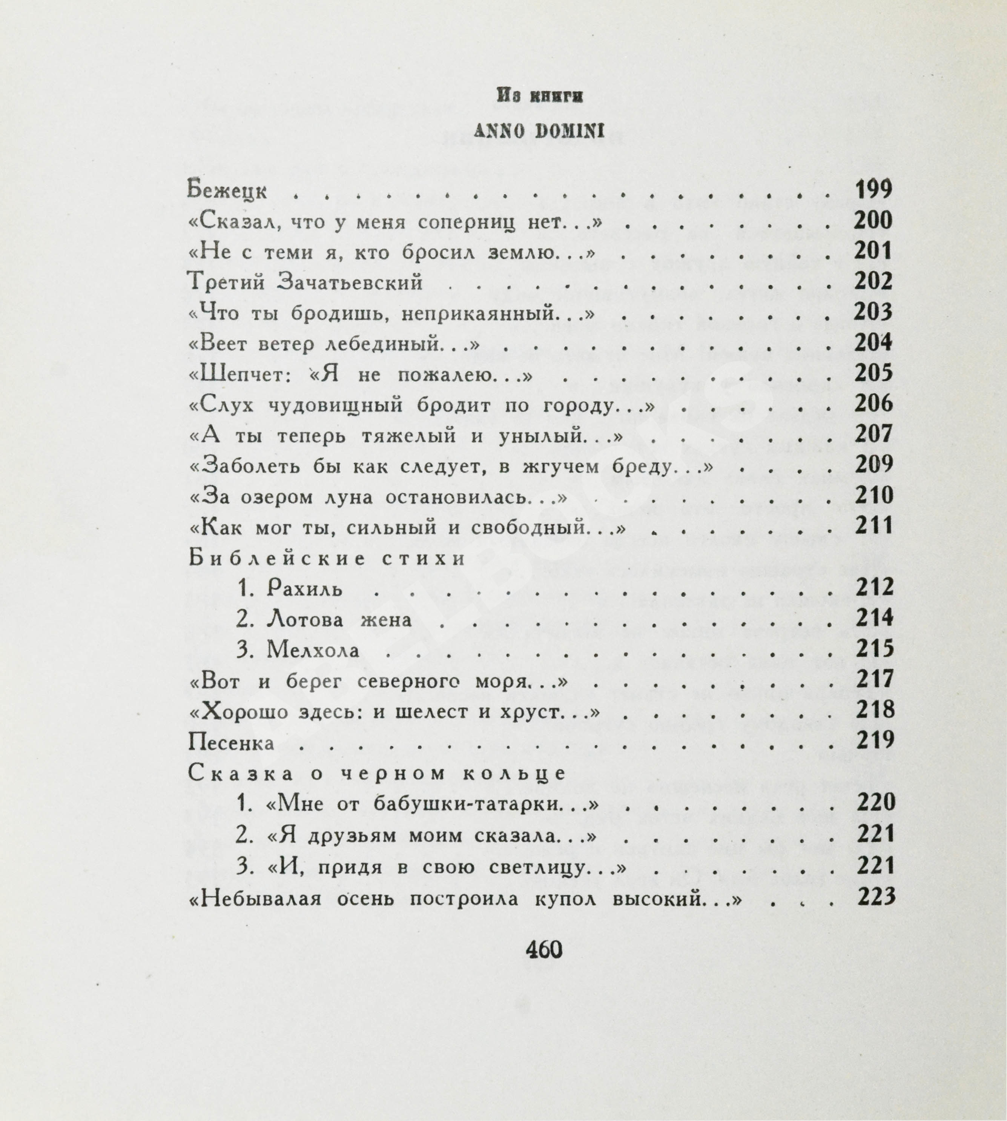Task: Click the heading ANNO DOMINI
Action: tap(539, 129)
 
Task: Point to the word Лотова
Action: tap(305, 619)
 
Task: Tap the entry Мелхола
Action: tap(313, 650)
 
